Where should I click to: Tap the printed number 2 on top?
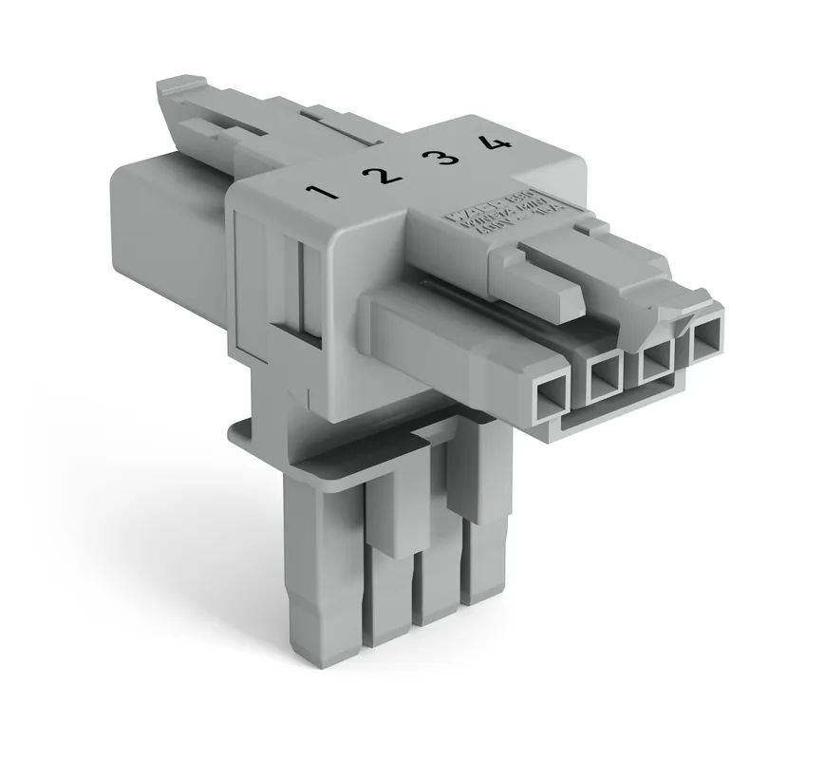pyautogui.click(x=380, y=174)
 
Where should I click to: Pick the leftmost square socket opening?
pyautogui.click(x=551, y=391)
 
